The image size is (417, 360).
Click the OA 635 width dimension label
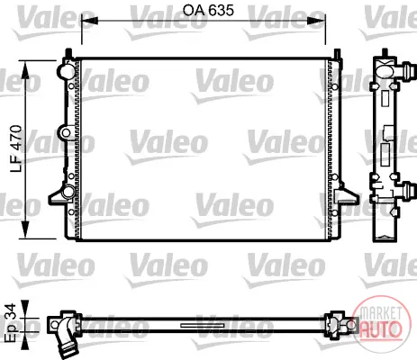[208, 11]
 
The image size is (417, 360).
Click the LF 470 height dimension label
[16, 148]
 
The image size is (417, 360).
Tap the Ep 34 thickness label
[11, 322]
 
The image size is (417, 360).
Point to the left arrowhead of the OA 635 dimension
[90, 21]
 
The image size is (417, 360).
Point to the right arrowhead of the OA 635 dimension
[317, 21]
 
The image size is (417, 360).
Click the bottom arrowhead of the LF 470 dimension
[25, 230]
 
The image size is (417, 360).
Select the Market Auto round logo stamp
[381, 321]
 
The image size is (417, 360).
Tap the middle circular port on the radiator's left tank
[66, 133]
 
